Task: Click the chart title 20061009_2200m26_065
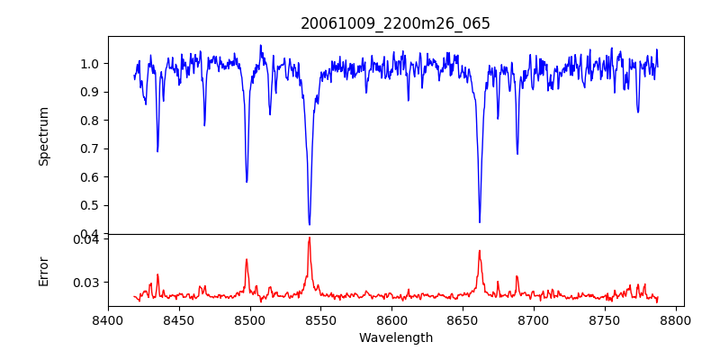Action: click(395, 23)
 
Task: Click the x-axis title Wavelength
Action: click(395, 337)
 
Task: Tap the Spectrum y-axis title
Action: click(44, 136)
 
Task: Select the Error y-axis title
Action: click(44, 271)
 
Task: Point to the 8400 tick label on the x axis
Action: click(108, 319)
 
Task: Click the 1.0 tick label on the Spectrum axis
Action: click(90, 64)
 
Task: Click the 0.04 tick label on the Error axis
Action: click(86, 239)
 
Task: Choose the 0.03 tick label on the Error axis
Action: click(86, 283)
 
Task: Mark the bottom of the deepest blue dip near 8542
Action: click(309, 224)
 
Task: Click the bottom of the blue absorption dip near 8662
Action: click(480, 221)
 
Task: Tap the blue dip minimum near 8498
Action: click(247, 182)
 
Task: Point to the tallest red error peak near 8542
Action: click(309, 238)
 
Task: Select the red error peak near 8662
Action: click(480, 251)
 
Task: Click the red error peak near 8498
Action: click(247, 260)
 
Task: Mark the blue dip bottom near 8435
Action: click(157, 150)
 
